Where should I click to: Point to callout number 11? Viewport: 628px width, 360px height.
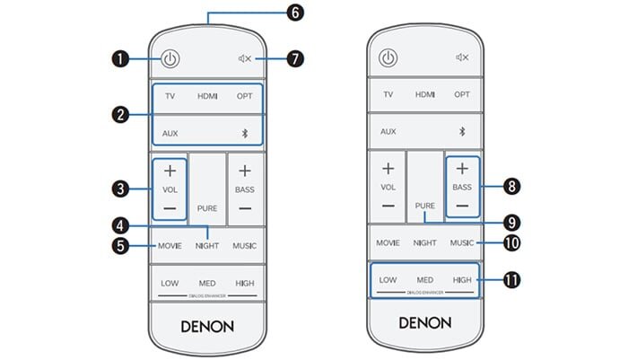pos(512,280)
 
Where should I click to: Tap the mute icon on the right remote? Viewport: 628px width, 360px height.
pos(463,58)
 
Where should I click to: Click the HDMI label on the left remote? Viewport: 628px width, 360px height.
pos(207,94)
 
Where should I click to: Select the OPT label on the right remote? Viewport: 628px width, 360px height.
pos(462,94)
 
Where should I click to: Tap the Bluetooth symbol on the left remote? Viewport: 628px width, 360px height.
pos(245,132)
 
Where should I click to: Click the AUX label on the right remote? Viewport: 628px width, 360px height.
pos(388,131)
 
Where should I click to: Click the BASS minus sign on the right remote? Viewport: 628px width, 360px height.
pos(462,205)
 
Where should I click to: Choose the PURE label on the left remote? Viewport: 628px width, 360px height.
pos(207,207)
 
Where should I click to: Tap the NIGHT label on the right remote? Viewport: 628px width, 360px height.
pos(425,242)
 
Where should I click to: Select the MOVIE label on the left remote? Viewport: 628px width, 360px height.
pos(170,245)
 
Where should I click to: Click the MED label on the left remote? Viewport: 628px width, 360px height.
pos(207,283)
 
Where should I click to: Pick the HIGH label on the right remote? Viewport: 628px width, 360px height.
pos(462,280)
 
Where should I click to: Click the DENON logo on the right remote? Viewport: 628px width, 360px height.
pos(425,321)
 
